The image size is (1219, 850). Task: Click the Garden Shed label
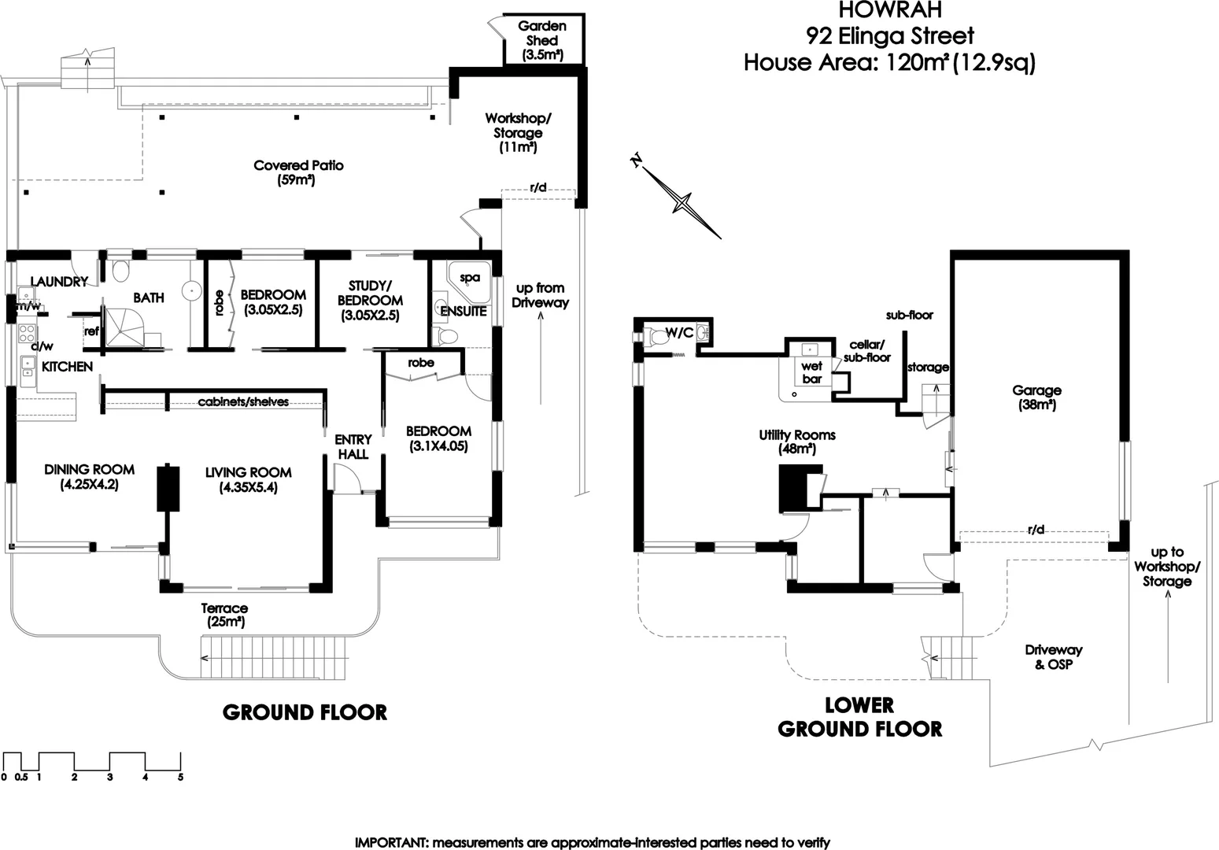pyautogui.click(x=542, y=40)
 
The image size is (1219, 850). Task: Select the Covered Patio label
pyautogui.click(x=298, y=172)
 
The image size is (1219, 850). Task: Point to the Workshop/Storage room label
pyautogui.click(x=518, y=132)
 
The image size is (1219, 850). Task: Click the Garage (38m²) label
pyautogui.click(x=1036, y=397)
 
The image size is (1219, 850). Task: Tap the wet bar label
pyautogui.click(x=811, y=372)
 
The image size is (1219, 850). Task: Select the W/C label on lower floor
pyautogui.click(x=679, y=332)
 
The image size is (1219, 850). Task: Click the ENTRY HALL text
pyautogui.click(x=353, y=446)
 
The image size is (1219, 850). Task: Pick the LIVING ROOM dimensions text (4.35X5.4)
pyautogui.click(x=248, y=487)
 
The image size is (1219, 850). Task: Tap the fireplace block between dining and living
pyautogui.click(x=168, y=488)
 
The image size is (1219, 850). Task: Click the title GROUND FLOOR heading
pyautogui.click(x=305, y=712)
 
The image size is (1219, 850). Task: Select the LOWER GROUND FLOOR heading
pyautogui.click(x=859, y=717)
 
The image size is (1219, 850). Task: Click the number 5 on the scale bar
pyautogui.click(x=180, y=778)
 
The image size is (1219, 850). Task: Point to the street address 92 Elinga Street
pyautogui.click(x=889, y=35)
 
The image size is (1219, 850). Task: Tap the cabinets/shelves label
pyautogui.click(x=242, y=402)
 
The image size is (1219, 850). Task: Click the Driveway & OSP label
pyautogui.click(x=1053, y=657)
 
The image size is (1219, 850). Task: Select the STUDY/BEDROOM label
pyautogui.click(x=370, y=299)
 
